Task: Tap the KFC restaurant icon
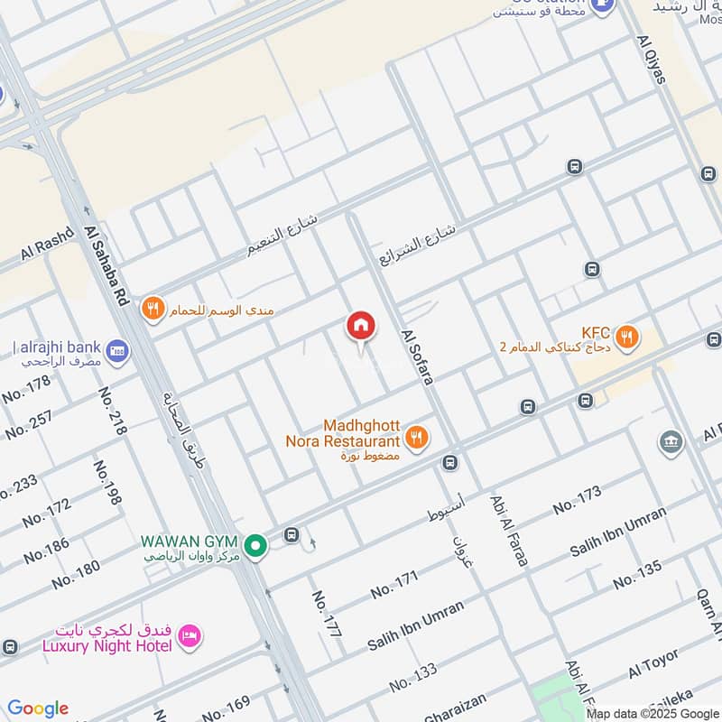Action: coord(628,338)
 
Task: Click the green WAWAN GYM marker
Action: coord(257,545)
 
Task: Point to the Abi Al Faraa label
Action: coord(509,530)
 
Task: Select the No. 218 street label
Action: coord(111,412)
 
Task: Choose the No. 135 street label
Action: coord(637,575)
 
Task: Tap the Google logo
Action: coord(38,708)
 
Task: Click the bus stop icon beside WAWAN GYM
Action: coord(292,535)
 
